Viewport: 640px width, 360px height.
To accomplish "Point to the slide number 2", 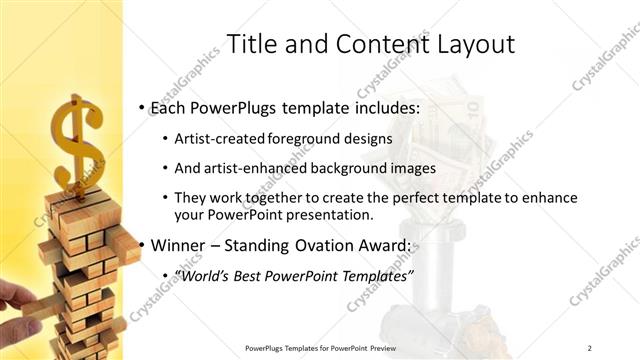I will [590, 347].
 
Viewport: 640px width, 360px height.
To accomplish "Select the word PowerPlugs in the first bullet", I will [237, 105].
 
